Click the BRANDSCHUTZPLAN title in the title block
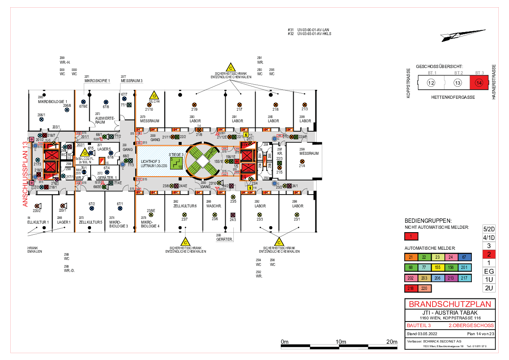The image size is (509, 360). [x=450, y=304]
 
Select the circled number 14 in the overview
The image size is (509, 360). [x=480, y=83]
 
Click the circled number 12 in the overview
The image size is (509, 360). [x=431, y=83]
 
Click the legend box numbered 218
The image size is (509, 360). [x=411, y=288]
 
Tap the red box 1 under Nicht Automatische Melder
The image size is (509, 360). [x=411, y=236]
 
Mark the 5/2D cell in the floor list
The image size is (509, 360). [x=488, y=228]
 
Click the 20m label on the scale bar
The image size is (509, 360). [x=392, y=342]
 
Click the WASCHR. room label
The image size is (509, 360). [x=213, y=206]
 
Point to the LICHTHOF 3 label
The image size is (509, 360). [x=150, y=161]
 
